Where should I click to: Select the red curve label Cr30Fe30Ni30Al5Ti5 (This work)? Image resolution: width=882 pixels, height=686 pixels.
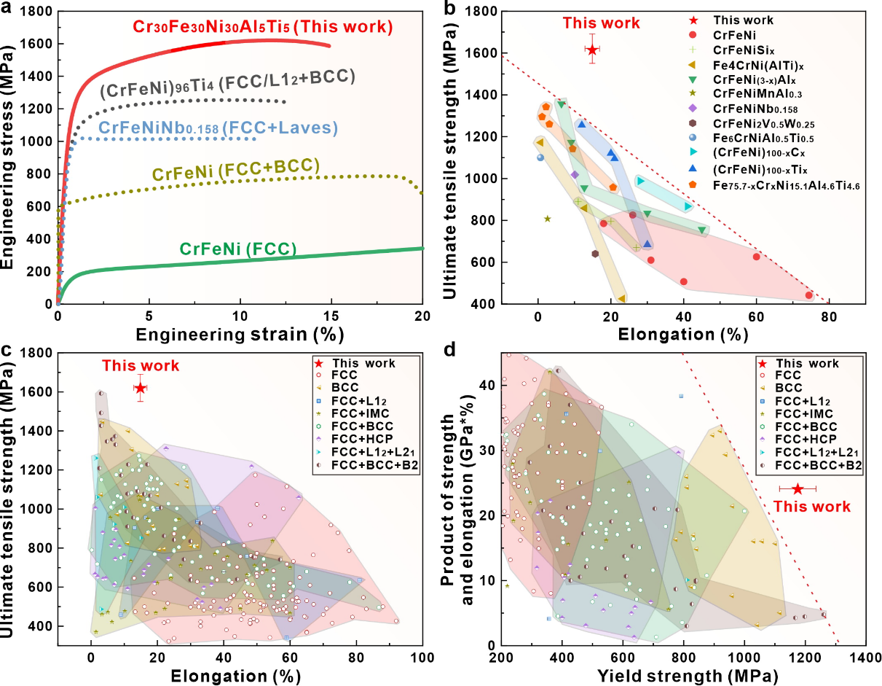pyautogui.click(x=263, y=27)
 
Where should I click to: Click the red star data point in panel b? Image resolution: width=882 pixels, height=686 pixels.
pyautogui.click(x=592, y=50)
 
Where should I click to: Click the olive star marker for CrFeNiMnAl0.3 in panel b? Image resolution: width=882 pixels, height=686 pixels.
pyautogui.click(x=548, y=219)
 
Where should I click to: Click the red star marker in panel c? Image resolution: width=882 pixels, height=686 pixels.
pyautogui.click(x=141, y=389)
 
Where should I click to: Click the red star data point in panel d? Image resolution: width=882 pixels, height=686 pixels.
pyautogui.click(x=798, y=488)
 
